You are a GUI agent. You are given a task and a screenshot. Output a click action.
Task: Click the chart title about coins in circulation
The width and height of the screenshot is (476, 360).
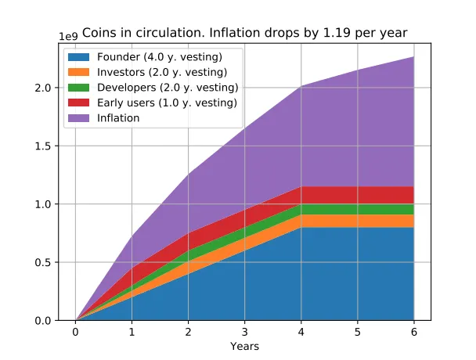click(244, 33)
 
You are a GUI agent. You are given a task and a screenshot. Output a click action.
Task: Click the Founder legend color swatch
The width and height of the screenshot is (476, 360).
click(80, 57)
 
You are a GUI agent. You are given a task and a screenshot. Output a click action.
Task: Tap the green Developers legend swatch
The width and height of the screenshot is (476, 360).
click(80, 87)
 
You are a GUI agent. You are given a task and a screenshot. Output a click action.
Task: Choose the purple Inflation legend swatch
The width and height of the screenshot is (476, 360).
click(80, 118)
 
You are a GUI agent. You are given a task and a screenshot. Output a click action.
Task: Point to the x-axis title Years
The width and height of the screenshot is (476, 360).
click(244, 346)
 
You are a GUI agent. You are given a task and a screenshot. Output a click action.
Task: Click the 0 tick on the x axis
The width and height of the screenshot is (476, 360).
click(75, 332)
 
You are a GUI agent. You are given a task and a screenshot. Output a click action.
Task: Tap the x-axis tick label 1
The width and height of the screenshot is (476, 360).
click(132, 332)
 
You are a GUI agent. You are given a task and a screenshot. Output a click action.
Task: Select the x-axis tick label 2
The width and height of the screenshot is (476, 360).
click(188, 332)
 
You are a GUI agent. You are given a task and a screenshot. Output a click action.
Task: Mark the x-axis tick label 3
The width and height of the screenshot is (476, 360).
click(244, 332)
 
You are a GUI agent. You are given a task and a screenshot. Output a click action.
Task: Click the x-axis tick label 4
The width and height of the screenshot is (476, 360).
click(301, 332)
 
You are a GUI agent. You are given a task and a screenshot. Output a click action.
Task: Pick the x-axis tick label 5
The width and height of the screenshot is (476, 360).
click(357, 332)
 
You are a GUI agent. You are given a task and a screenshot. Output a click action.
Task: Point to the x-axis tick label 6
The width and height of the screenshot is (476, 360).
click(413, 332)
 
